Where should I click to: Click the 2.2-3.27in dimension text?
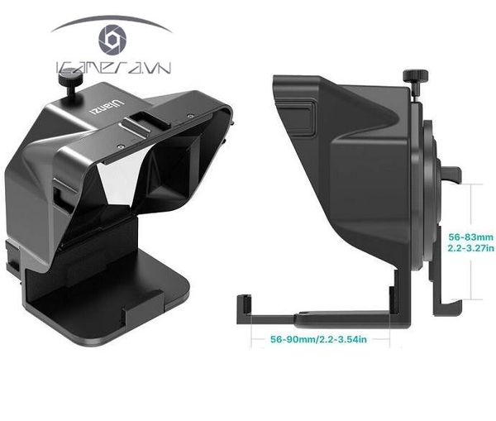(x=470, y=246)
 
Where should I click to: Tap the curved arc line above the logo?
(x=111, y=19)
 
